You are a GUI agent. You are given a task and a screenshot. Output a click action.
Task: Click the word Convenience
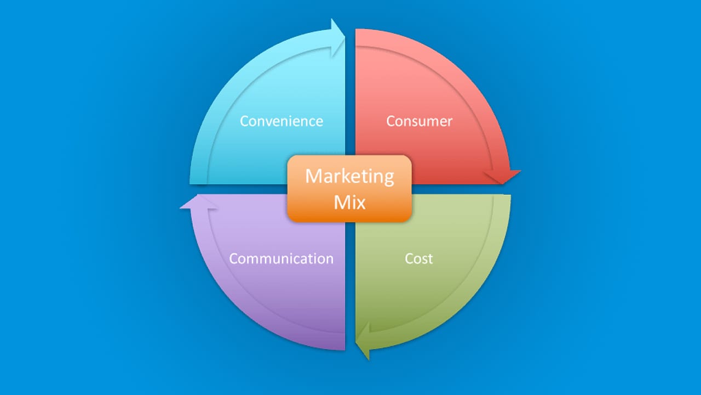coord(281,121)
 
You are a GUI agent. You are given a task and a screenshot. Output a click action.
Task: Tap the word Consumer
coord(419,121)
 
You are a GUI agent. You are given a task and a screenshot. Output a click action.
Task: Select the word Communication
coord(281,259)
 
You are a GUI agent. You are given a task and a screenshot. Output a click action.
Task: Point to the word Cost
coord(419,259)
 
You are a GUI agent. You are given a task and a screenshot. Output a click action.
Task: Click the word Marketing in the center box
coord(349,177)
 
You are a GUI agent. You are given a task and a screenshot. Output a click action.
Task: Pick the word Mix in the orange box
coord(349,202)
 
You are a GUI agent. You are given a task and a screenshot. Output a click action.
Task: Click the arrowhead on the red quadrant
coord(502,177)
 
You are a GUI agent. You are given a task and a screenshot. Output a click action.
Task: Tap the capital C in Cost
coord(409,259)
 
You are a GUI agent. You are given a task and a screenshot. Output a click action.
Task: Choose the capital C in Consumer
coord(390,121)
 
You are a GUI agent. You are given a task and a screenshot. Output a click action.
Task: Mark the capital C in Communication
coord(233,259)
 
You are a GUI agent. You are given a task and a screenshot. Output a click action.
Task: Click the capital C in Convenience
coord(244,121)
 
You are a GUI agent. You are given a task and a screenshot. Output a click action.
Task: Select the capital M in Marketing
coord(313,176)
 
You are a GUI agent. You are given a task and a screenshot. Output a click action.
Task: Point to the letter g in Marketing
coord(389,179)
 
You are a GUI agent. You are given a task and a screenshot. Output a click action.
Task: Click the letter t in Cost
coord(430,259)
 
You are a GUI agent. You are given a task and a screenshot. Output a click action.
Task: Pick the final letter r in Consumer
coord(450,123)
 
